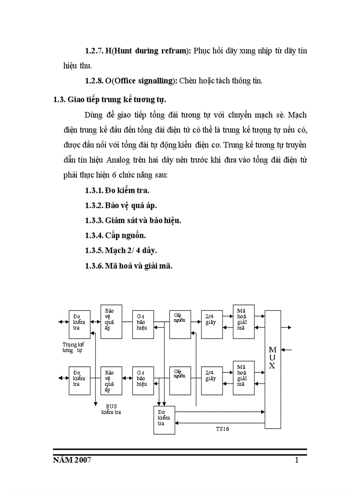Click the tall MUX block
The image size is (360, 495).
tap(272, 369)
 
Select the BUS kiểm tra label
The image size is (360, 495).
tap(111, 409)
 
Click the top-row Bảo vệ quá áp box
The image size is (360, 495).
tap(111, 321)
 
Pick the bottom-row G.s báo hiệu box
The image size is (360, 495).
tap(143, 380)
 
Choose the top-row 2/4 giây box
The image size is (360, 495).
tap(211, 324)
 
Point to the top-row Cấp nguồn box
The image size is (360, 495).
tap(180, 324)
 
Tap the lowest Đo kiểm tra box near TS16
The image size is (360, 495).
tap(164, 420)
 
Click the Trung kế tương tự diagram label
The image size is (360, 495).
tap(73, 347)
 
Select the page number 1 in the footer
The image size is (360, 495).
tap(296, 461)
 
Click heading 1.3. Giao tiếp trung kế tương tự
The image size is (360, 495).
tap(110, 99)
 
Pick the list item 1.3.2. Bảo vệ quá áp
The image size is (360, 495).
tap(121, 205)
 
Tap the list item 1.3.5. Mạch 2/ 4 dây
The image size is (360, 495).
tap(121, 250)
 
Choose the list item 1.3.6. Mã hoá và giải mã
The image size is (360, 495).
tap(128, 266)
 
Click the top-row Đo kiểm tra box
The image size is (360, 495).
tap(79, 324)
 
